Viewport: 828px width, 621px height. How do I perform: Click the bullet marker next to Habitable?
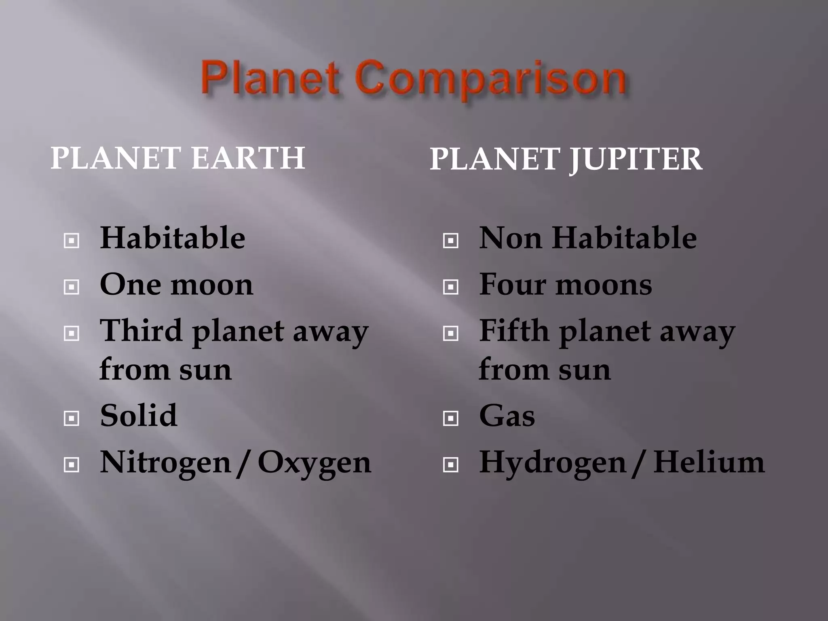coord(72,241)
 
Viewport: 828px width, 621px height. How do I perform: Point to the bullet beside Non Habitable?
coord(450,241)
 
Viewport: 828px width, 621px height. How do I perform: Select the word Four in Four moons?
coord(512,284)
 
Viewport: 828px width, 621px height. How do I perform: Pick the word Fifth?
coord(514,331)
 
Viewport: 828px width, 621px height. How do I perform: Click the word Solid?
coord(138,415)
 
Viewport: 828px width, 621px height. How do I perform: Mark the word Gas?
coord(507,416)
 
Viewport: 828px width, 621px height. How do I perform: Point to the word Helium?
coord(709,462)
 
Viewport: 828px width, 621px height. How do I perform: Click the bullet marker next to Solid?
coord(72,418)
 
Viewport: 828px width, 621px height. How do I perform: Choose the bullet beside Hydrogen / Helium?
coord(450,465)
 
